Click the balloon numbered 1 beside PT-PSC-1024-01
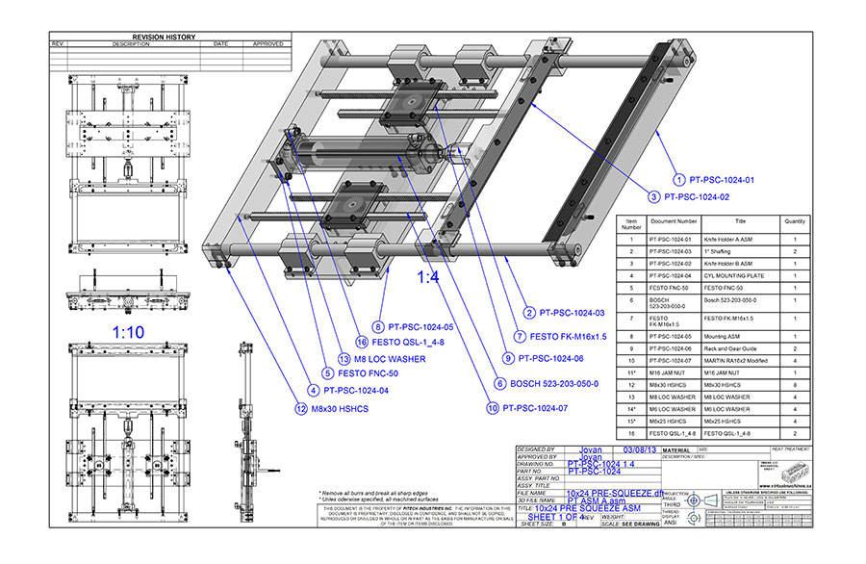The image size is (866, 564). pos(678,180)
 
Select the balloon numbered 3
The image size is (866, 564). pos(653,196)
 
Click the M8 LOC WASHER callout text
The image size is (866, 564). pos(383,358)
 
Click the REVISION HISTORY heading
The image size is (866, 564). pos(164,38)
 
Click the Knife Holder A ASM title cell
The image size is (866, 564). pos(726,238)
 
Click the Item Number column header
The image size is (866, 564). pos(631,224)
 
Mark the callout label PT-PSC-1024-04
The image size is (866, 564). pos(353,391)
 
